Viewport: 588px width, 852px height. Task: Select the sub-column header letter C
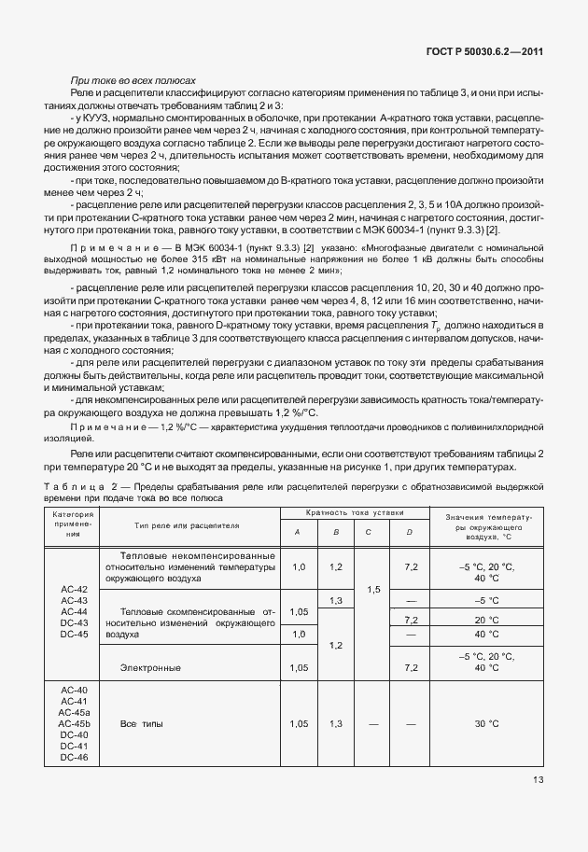(x=369, y=532)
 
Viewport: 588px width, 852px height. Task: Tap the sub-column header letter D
(x=409, y=532)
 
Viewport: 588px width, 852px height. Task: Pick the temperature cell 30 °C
(x=486, y=723)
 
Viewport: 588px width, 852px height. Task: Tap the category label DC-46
(x=73, y=757)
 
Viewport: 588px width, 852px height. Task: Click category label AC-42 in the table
(x=73, y=589)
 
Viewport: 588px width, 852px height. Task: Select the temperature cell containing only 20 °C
(x=486, y=620)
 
